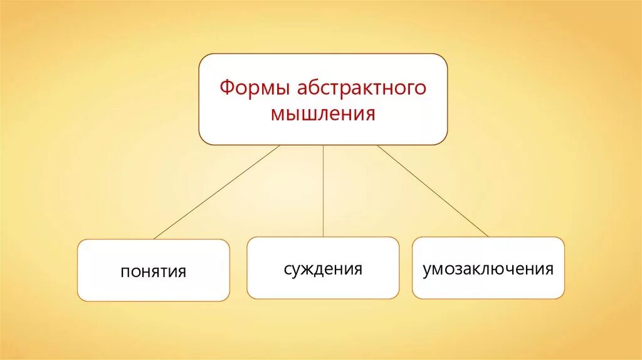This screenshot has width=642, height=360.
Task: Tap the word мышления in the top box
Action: click(x=324, y=114)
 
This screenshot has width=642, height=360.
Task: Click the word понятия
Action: click(x=154, y=272)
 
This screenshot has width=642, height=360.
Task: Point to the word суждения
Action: click(x=323, y=269)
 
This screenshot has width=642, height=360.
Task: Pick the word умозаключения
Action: click(x=488, y=270)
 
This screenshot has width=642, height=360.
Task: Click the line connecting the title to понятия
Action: click(x=216, y=192)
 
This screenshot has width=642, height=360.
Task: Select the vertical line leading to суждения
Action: click(x=324, y=191)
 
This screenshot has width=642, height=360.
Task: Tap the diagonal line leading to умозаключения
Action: click(x=433, y=191)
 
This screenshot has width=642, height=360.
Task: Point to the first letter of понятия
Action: click(x=125, y=272)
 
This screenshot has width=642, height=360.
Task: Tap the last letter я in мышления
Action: click(x=371, y=115)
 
